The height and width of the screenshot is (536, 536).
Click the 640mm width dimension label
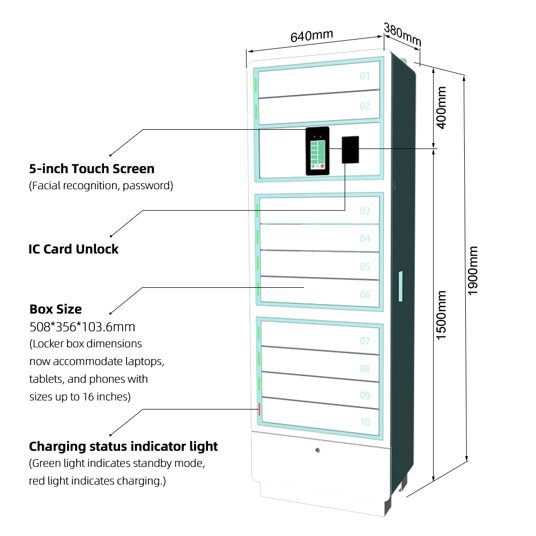[x=311, y=36]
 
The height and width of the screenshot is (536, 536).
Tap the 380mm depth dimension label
[x=403, y=35]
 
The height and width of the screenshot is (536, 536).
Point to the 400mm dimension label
[x=442, y=108]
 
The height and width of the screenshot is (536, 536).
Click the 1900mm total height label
[x=473, y=271]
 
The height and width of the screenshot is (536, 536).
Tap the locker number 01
[x=365, y=76]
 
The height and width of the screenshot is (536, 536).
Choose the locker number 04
[x=365, y=238]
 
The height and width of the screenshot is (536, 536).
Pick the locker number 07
[x=365, y=340]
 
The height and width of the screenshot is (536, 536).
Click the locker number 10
[x=365, y=422]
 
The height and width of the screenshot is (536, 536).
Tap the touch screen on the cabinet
[x=317, y=151]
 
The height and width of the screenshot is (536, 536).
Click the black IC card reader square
[x=350, y=150]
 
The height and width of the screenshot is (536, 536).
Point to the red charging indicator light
[x=260, y=409]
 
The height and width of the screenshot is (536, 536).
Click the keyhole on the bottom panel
[x=318, y=450]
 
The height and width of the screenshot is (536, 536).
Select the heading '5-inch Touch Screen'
[x=92, y=169]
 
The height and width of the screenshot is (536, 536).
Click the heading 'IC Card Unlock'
[x=73, y=249]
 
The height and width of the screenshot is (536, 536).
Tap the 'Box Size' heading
[x=56, y=309]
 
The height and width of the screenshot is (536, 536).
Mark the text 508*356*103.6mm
[x=82, y=326]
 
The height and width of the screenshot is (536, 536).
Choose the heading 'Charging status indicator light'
[x=123, y=446]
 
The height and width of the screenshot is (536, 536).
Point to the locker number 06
[x=365, y=294]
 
